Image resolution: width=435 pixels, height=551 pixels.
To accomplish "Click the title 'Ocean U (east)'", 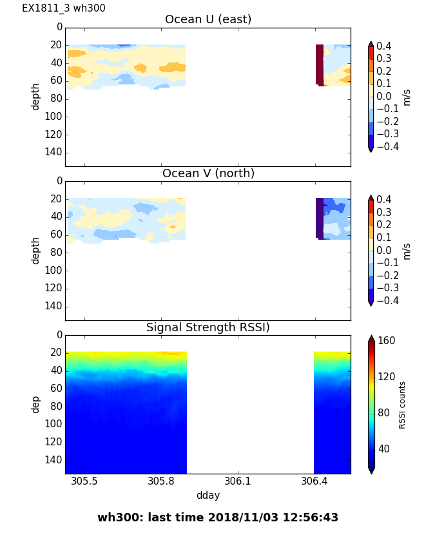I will pos(208,19).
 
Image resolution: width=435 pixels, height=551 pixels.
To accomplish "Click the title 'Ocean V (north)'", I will pos(208,173).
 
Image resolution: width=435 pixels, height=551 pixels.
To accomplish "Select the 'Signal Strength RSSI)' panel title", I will pos(208,327).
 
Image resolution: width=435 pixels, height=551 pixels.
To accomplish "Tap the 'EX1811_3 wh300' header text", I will pos(64,8).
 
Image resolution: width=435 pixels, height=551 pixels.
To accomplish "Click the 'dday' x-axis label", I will pos(208,496).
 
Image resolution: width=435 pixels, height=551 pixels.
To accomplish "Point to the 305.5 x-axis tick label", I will pos(84,481).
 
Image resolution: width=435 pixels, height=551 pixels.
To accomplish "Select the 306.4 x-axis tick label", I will pos(314,481).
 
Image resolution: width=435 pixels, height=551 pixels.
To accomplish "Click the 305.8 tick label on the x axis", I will pos(161,481).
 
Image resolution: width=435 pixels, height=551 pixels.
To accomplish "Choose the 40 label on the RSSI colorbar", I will pos(384,449).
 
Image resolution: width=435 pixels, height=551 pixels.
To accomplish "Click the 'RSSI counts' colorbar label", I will pos(402,405).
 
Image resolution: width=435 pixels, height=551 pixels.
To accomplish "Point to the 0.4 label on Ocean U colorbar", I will pos(387,46).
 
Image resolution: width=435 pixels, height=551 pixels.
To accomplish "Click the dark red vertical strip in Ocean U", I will pos(319,64).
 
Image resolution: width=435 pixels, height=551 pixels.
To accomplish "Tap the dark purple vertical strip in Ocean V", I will pos(319,218).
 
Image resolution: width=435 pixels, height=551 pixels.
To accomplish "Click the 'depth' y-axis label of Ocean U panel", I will pos(36,96).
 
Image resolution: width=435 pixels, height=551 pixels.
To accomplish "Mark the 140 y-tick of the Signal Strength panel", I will pos(55,459).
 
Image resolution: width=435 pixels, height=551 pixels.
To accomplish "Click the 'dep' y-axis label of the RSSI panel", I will pos(36,404).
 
